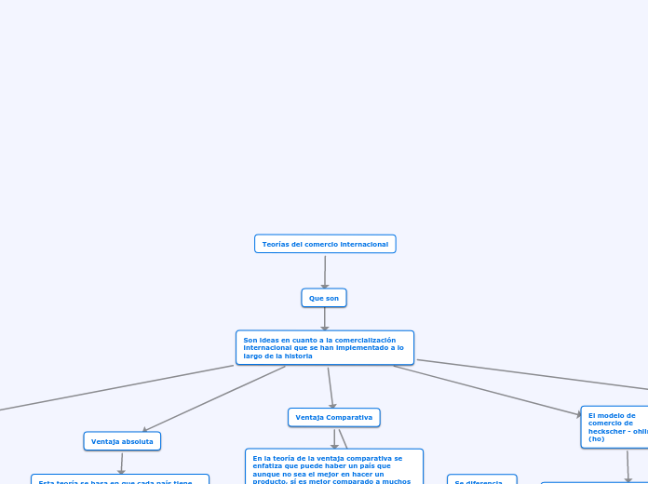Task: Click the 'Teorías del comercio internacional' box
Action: tap(325, 244)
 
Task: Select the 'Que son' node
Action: tap(324, 298)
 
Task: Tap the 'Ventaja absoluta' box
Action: tap(122, 441)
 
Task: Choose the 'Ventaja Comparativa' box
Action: tap(333, 418)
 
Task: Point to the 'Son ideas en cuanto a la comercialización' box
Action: tap(324, 347)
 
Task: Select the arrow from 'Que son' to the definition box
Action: tap(325, 318)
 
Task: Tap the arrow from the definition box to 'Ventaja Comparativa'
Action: tap(330, 387)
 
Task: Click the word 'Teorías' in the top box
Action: tap(275, 244)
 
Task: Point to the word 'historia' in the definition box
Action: tap(298, 356)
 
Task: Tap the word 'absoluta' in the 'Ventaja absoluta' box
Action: tap(138, 441)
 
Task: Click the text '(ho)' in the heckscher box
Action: tap(597, 438)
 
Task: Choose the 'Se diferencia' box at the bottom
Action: tap(479, 482)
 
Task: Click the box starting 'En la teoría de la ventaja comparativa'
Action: tap(333, 467)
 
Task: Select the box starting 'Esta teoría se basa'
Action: tap(119, 480)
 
